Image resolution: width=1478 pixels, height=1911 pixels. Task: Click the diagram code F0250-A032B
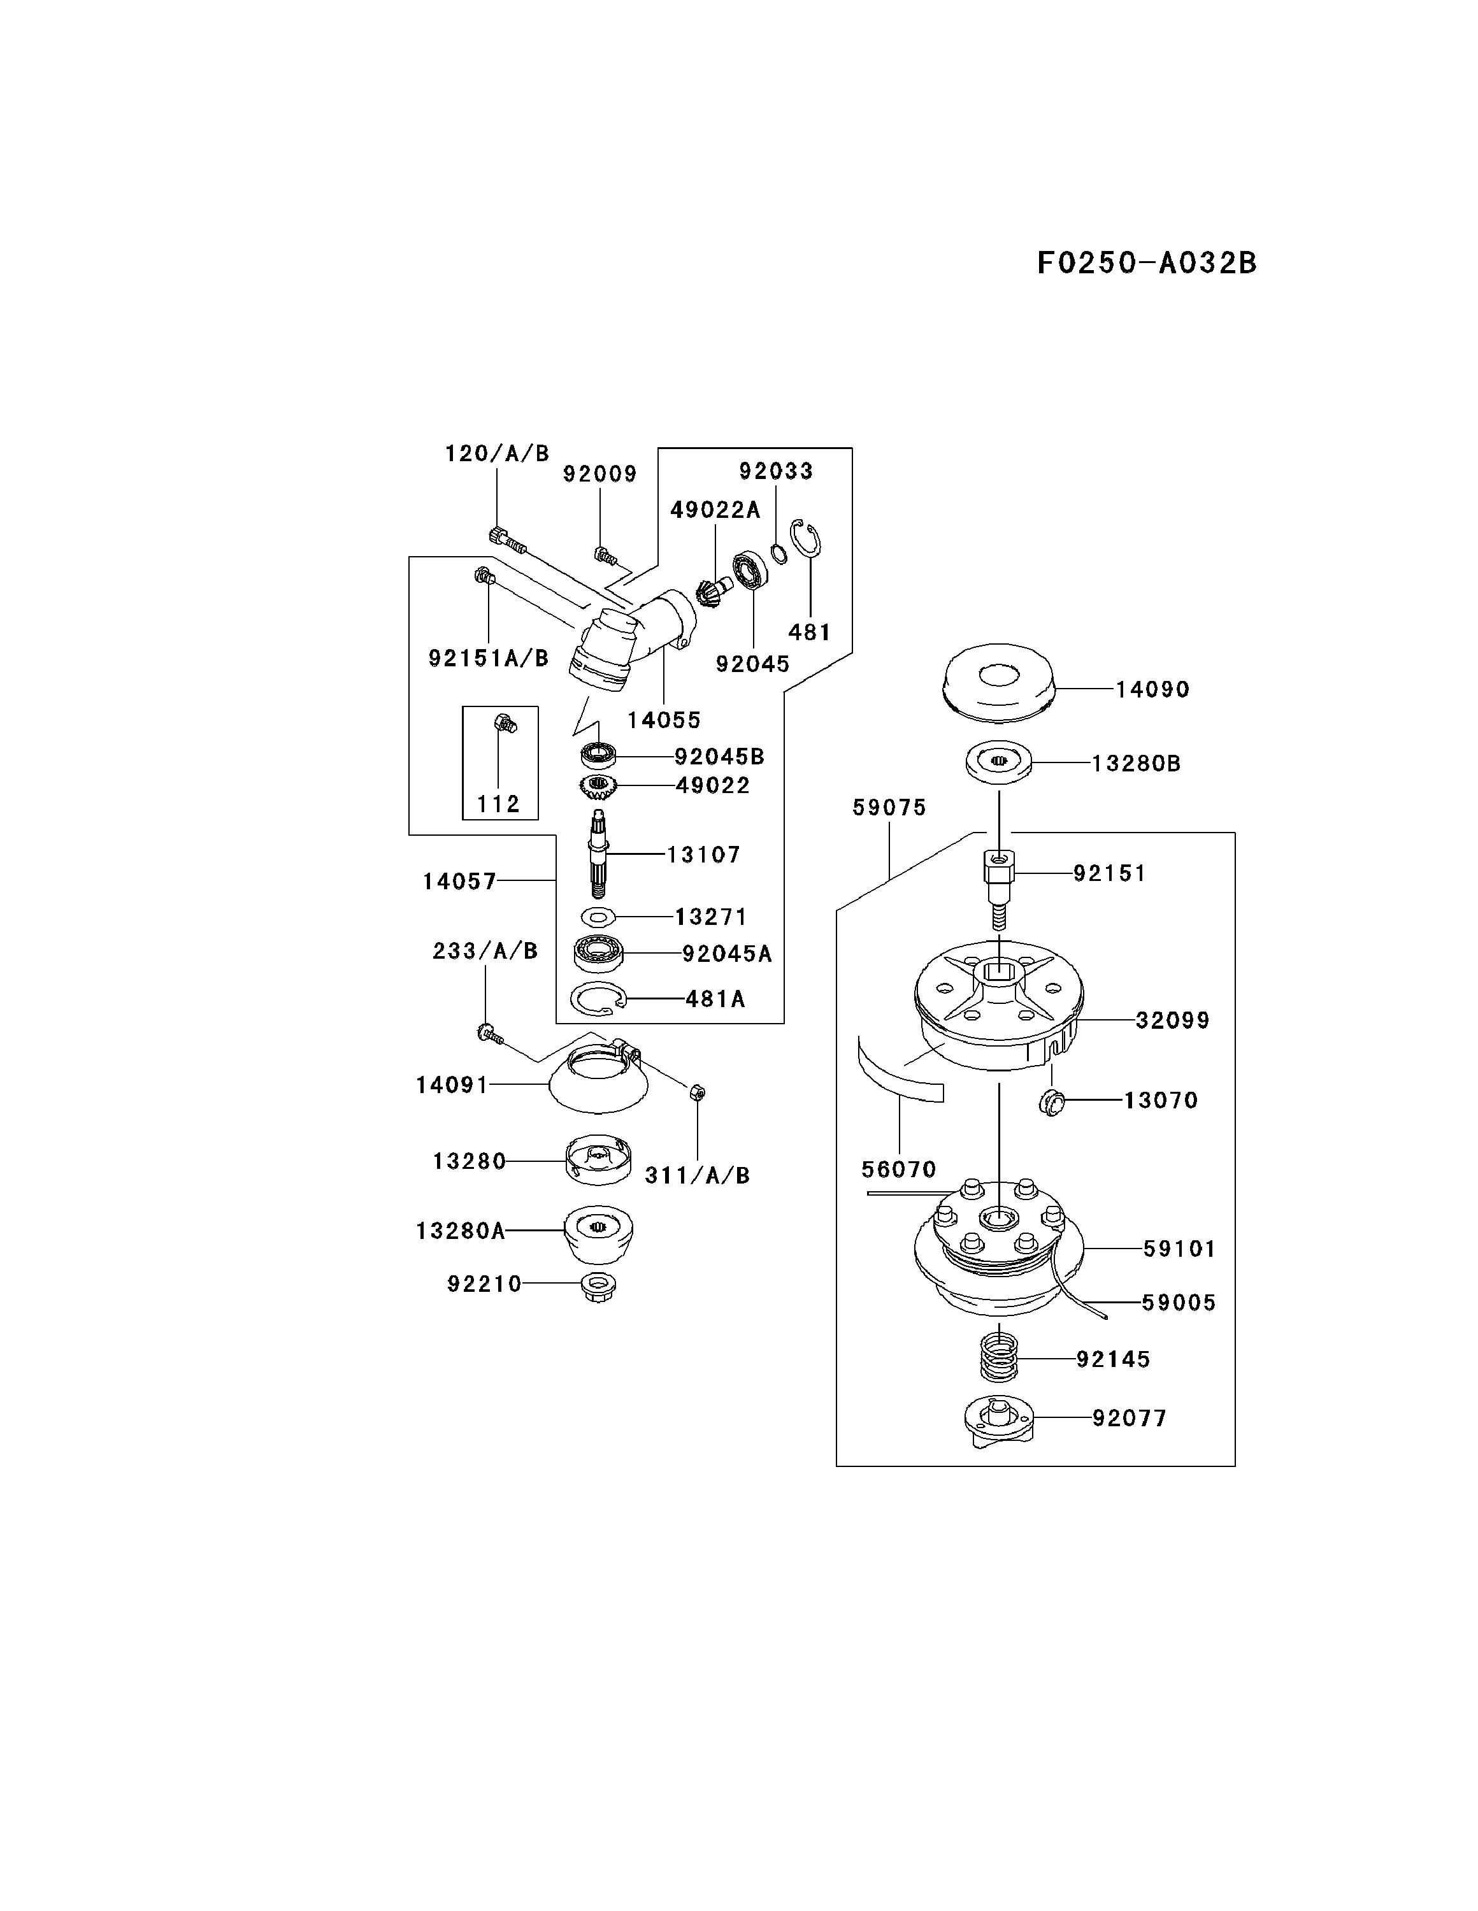click(x=1146, y=262)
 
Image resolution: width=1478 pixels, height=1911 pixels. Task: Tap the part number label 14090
click(x=1152, y=689)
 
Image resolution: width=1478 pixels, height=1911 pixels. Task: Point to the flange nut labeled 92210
click(x=599, y=1285)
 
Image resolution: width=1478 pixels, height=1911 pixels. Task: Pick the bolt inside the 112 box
click(x=506, y=723)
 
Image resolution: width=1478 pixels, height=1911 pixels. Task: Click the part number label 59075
click(x=889, y=808)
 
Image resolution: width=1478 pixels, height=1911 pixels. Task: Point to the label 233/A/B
click(x=485, y=951)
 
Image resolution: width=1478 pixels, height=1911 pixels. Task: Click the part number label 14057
click(x=459, y=881)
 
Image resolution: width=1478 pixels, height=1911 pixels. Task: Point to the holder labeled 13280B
click(x=998, y=761)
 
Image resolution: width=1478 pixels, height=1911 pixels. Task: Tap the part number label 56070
click(x=899, y=1169)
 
